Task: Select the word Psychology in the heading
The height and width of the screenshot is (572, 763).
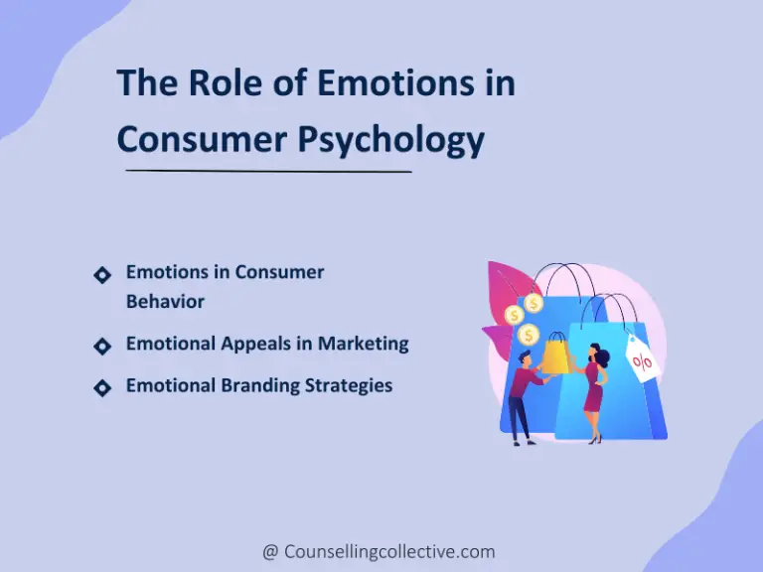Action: tap(392, 140)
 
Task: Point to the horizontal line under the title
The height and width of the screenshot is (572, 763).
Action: tap(268, 172)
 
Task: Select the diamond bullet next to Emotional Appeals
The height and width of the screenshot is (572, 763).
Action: tap(101, 346)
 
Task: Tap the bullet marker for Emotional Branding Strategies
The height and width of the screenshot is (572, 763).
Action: tap(101, 387)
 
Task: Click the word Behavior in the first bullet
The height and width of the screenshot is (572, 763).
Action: tap(165, 301)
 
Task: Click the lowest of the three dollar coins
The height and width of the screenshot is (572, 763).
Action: tap(529, 335)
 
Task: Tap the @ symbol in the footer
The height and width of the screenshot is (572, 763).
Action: tap(270, 551)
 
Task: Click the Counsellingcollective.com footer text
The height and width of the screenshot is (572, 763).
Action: tap(389, 551)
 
